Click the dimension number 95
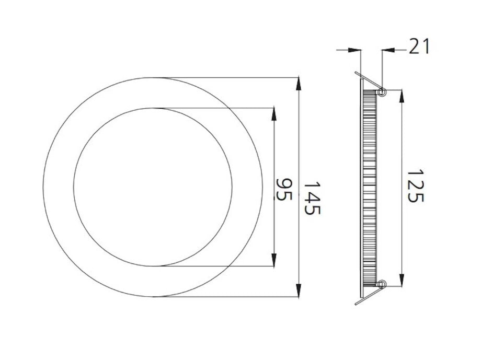tap(284, 189)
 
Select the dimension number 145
tap(312, 198)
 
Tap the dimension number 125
tap(415, 185)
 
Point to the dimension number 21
tap(419, 47)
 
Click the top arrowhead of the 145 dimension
tap(299, 84)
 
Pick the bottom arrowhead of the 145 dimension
tap(299, 291)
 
